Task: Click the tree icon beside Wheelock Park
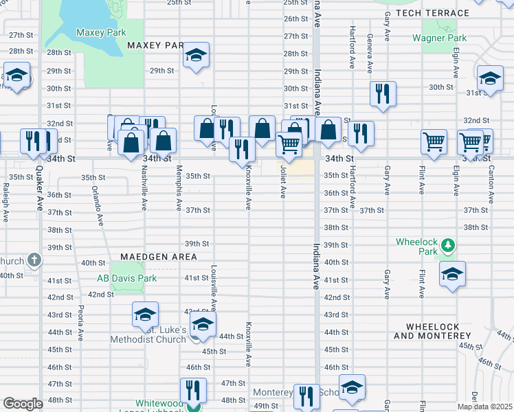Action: pos(448,245)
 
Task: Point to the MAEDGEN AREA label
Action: pos(158,257)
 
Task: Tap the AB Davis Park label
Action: pos(126,278)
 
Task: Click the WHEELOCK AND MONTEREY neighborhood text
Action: pos(432,331)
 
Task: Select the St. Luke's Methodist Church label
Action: pos(148,334)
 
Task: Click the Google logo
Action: pos(23,403)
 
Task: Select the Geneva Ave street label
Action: pos(369,54)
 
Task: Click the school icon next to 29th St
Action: pos(196,56)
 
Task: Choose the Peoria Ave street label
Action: pos(81,322)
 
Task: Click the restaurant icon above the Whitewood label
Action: pos(193,390)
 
